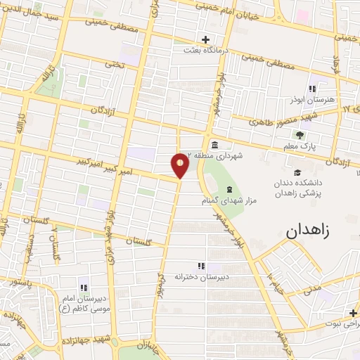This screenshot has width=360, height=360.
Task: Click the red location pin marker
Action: tap(180, 165)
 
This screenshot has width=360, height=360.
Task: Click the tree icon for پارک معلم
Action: tap(301, 135)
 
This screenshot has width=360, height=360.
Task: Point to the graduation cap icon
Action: tap(297, 172)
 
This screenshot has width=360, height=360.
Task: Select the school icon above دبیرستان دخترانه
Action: tap(201, 265)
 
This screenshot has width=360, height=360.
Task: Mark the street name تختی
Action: tap(115, 63)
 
